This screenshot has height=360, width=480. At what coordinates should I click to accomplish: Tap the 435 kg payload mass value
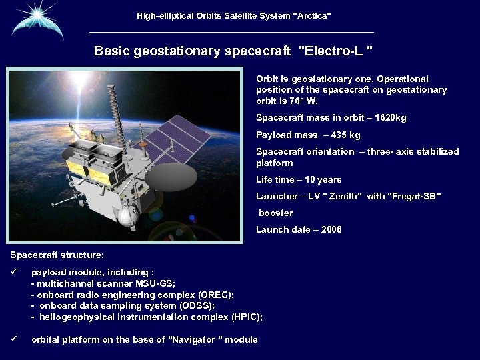(x=345, y=135)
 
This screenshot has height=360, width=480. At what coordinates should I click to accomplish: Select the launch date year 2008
(x=331, y=229)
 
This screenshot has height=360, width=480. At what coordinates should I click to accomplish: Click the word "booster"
(x=276, y=213)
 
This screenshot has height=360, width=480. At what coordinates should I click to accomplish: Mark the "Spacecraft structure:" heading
(x=57, y=255)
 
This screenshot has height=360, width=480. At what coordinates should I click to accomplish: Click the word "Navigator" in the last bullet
(x=193, y=340)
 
